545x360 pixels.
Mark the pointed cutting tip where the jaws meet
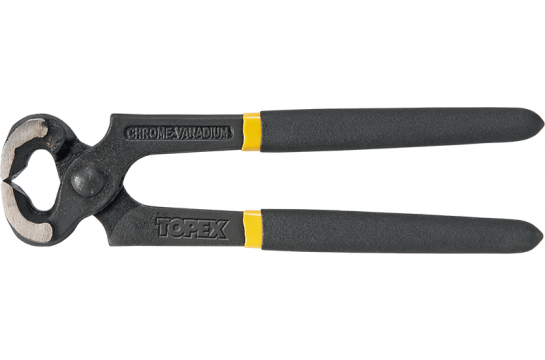coord(13,181)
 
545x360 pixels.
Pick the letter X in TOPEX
coord(219,229)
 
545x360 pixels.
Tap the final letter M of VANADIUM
coord(229,131)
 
